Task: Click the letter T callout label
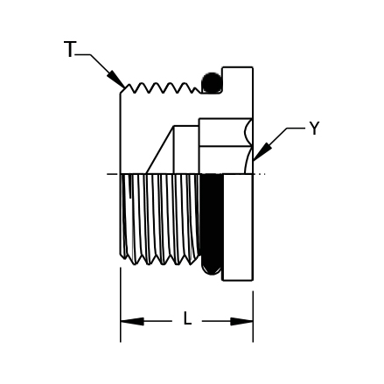click(x=70, y=49)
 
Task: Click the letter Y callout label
click(x=314, y=129)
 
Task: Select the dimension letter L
click(x=187, y=318)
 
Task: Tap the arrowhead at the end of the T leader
click(x=116, y=79)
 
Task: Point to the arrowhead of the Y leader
click(x=262, y=151)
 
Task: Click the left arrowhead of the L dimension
click(x=132, y=321)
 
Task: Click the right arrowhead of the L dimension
click(x=241, y=321)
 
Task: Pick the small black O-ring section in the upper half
click(x=212, y=83)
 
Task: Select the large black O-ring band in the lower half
click(x=213, y=224)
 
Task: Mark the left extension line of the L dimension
click(x=121, y=304)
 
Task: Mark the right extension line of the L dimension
click(x=253, y=317)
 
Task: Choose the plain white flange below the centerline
click(x=238, y=227)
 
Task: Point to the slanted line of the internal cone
click(x=160, y=150)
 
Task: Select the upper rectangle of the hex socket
click(x=225, y=132)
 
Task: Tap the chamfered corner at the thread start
click(x=122, y=90)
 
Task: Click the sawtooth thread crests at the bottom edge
click(x=160, y=260)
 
